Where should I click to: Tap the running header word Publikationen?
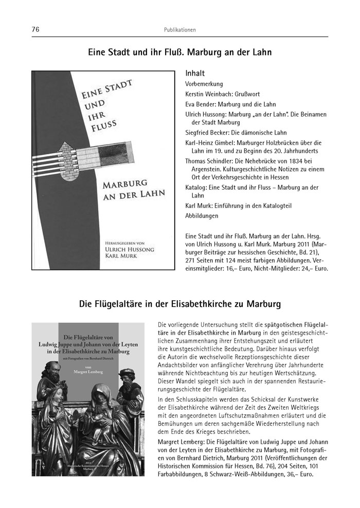point(179,30)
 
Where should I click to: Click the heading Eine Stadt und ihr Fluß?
point(179,52)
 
